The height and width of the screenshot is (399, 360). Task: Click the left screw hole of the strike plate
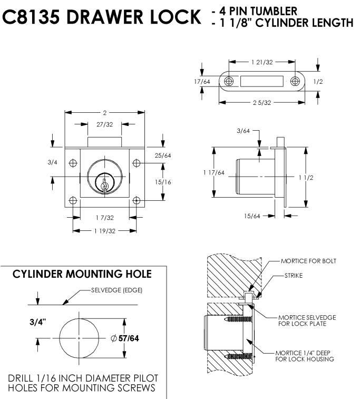click(x=229, y=82)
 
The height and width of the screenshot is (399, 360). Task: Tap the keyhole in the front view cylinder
click(x=105, y=184)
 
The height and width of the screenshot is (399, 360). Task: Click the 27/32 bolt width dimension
click(x=105, y=125)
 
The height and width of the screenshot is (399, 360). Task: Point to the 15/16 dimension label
click(x=163, y=182)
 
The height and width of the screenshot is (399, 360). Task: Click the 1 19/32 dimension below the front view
click(x=105, y=231)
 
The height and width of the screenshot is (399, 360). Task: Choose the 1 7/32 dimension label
click(x=105, y=216)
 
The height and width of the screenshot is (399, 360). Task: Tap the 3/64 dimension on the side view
click(x=243, y=131)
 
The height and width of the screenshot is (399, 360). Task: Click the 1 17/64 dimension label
click(x=213, y=172)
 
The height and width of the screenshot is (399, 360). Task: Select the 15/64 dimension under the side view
click(x=252, y=216)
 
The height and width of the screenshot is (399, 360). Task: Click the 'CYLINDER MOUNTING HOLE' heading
click(x=82, y=274)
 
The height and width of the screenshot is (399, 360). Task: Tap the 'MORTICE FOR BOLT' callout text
click(x=308, y=261)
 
